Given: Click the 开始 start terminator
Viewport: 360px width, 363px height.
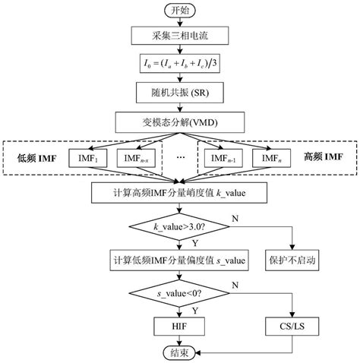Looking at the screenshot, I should coord(179,11).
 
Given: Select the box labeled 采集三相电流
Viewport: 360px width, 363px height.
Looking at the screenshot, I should coord(179,36).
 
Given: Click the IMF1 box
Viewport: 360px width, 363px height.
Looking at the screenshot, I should coord(89,157).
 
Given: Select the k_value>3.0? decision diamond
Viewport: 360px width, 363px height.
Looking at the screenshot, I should coord(179,226).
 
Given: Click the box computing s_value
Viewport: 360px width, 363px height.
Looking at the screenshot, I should coord(179,260).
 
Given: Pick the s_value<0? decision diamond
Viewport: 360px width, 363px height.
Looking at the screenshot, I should coord(179,292).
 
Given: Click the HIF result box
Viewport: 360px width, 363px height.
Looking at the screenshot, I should coord(179,324).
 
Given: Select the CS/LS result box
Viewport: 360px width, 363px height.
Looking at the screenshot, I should coord(291,324).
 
